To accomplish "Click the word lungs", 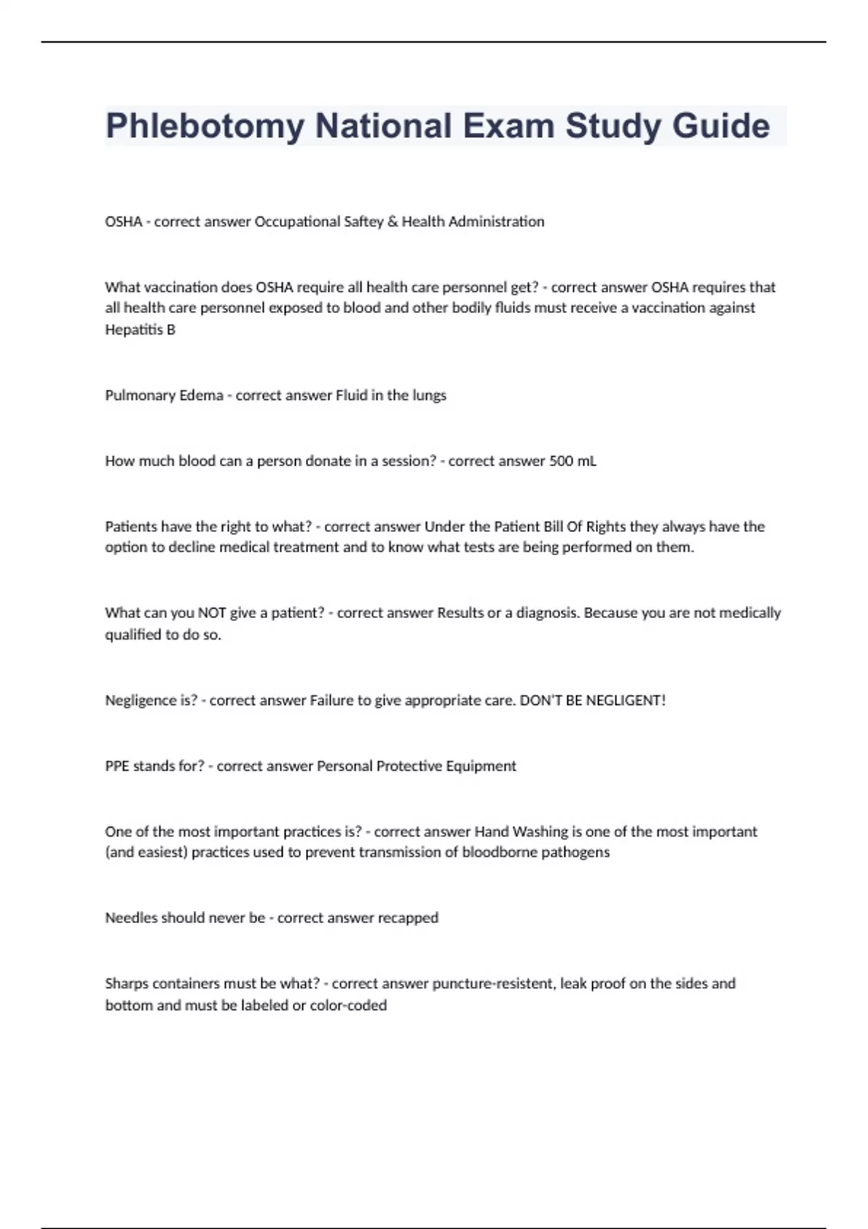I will point(430,395).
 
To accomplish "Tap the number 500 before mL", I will point(561,461).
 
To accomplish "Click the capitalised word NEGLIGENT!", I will point(626,701).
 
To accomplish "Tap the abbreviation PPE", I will point(117,766).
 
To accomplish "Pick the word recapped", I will point(408,918).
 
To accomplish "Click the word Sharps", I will point(125,984).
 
